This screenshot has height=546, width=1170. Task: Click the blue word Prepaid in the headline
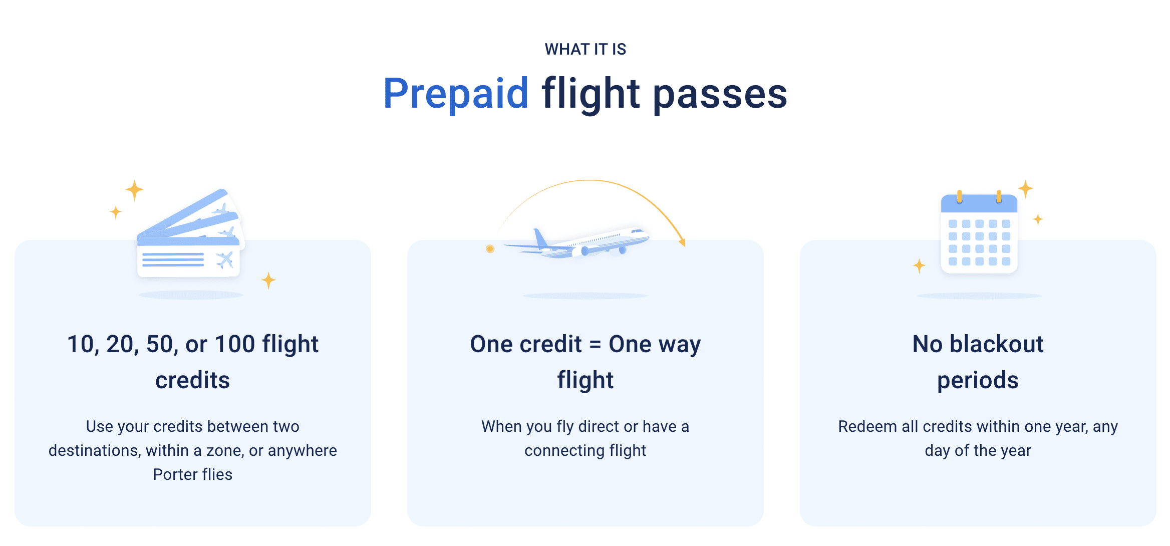point(456,94)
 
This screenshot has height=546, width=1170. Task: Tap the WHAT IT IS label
point(586,49)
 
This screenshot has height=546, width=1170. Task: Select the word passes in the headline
point(720,94)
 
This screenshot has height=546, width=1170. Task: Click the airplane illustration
point(576,242)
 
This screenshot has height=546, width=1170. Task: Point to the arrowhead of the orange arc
point(682,242)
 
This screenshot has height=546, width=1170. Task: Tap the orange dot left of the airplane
point(490,249)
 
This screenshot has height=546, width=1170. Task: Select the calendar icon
point(979,233)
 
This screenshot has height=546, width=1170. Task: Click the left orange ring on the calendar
point(960,196)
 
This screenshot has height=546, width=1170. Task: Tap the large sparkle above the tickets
point(134,190)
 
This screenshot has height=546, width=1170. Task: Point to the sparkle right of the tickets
point(269,281)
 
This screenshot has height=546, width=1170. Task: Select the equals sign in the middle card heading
point(595,345)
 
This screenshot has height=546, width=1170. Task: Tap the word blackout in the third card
point(997,344)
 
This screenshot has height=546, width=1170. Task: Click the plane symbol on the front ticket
point(224,259)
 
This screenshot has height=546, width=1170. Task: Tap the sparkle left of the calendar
point(920,266)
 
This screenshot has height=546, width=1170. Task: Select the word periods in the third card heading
point(978,381)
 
